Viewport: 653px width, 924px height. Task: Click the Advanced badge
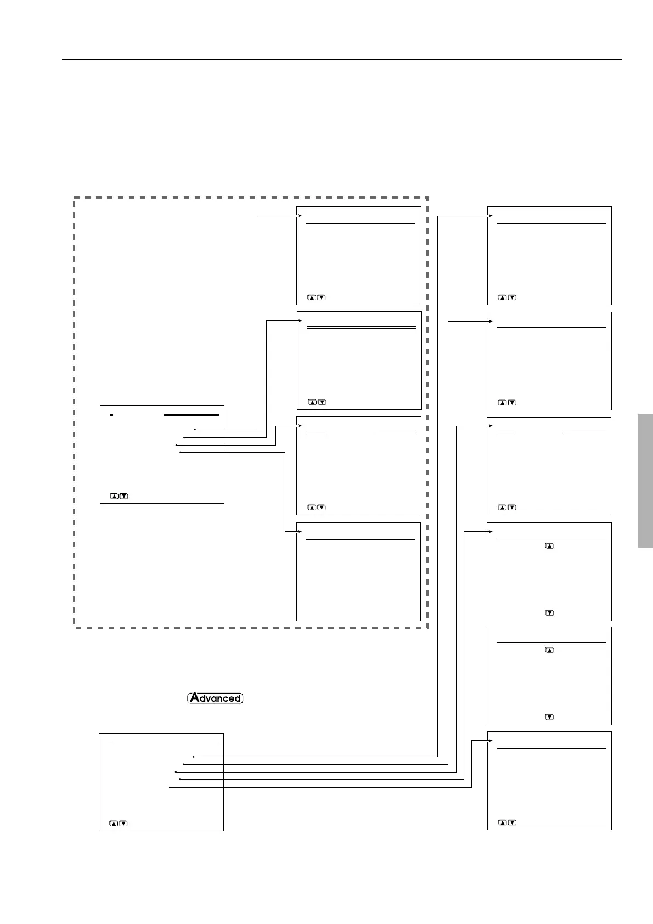(x=215, y=698)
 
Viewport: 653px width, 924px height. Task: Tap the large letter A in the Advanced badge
(x=194, y=698)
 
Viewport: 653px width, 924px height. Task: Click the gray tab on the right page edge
(x=645, y=480)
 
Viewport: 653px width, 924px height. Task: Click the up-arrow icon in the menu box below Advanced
(x=114, y=823)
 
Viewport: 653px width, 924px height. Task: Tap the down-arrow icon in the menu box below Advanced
(x=123, y=823)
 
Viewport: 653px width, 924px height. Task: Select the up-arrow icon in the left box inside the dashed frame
(x=114, y=496)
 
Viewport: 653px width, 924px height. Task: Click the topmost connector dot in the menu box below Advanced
(x=194, y=757)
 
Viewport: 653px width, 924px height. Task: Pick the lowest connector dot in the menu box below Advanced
(x=170, y=788)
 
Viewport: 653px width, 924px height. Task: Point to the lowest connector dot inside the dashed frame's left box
(x=180, y=452)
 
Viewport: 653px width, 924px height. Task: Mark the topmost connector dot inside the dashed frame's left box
(x=195, y=429)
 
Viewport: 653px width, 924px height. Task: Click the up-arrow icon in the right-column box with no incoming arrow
(x=549, y=650)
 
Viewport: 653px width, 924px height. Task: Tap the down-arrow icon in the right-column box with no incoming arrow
(x=549, y=717)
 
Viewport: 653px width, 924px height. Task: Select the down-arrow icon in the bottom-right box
(x=512, y=822)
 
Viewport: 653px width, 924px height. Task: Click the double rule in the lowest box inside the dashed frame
(x=361, y=539)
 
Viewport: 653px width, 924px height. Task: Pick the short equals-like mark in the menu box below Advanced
(x=110, y=742)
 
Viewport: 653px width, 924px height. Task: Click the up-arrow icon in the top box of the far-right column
(x=502, y=297)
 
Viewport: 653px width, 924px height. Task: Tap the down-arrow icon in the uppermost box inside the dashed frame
(x=322, y=297)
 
